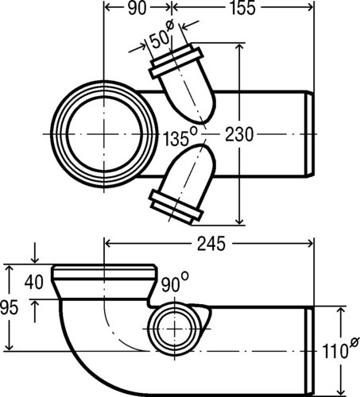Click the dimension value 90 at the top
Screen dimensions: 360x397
click(137, 8)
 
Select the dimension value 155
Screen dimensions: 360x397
click(242, 8)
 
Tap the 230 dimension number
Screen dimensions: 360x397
click(239, 135)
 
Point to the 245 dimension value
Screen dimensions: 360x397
click(211, 244)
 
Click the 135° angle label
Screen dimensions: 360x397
click(180, 137)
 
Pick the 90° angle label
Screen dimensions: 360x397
click(175, 283)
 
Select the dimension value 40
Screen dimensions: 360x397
click(33, 282)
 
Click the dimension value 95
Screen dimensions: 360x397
click(10, 308)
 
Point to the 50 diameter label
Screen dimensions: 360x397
click(161, 35)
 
